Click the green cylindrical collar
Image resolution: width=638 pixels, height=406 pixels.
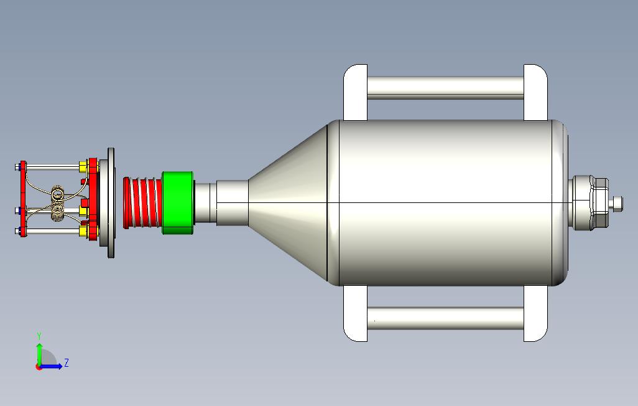pyautogui.click(x=178, y=202)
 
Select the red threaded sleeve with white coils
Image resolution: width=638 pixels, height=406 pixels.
pyautogui.click(x=143, y=202)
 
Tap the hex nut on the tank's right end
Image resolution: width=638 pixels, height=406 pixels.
pyautogui.click(x=599, y=202)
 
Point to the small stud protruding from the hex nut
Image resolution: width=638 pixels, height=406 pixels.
pyautogui.click(x=617, y=203)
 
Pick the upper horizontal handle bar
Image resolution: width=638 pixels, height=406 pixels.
pyautogui.click(x=445, y=88)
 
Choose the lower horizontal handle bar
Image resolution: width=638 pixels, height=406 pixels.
pyautogui.click(x=445, y=318)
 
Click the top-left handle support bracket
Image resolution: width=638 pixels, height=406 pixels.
pyautogui.click(x=356, y=92)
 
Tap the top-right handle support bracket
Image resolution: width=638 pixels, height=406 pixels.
pyautogui.click(x=535, y=92)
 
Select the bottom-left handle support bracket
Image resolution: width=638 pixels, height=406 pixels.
pyautogui.click(x=356, y=313)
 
